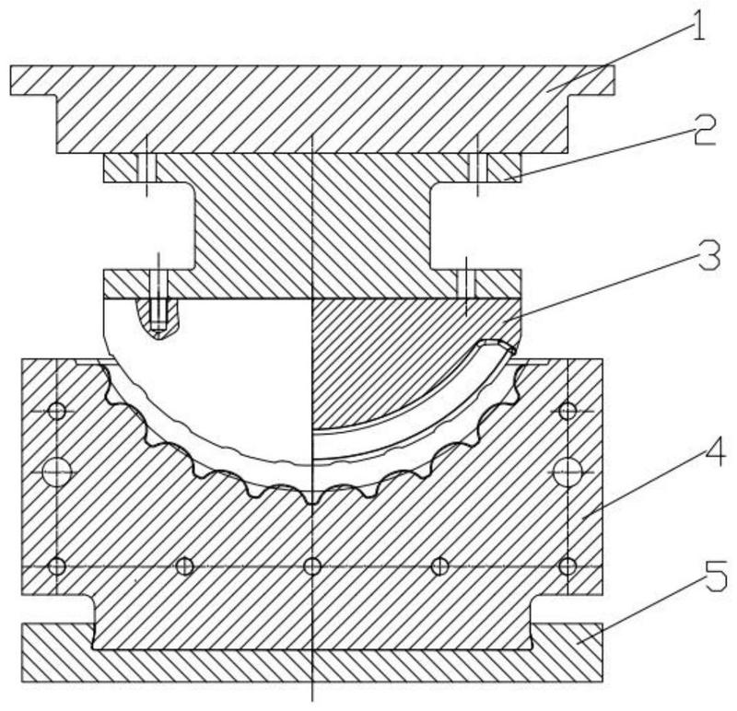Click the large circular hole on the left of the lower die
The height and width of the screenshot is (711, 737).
(x=56, y=471)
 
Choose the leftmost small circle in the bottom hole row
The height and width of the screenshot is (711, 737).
(x=56, y=565)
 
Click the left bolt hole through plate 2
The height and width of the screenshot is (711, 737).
(x=146, y=168)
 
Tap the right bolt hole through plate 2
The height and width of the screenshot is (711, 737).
(x=478, y=168)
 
